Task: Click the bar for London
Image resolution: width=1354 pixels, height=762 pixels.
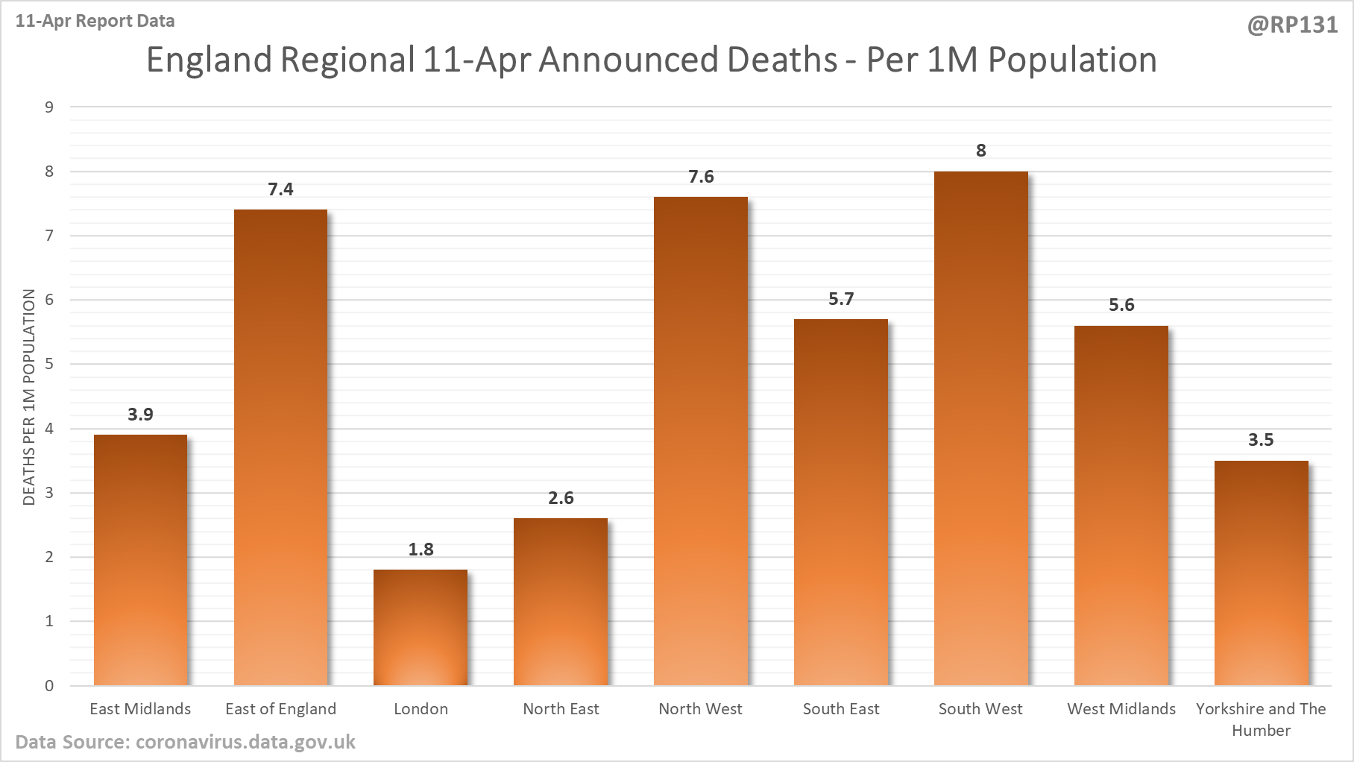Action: (x=421, y=627)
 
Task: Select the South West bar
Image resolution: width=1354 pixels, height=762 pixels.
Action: (x=980, y=428)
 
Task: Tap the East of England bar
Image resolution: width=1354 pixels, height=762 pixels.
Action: (x=280, y=447)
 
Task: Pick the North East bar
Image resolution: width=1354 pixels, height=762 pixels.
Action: (x=561, y=602)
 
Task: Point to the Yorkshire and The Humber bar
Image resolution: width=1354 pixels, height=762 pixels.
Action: (x=1261, y=573)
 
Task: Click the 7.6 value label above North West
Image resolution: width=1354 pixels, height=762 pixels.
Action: (x=701, y=177)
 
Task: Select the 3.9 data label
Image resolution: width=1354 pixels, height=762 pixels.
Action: (x=140, y=415)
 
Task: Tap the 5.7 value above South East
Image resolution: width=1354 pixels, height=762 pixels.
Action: (x=841, y=299)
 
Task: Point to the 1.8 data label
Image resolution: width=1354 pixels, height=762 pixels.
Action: (x=421, y=550)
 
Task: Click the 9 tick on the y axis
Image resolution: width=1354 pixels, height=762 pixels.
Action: (x=49, y=107)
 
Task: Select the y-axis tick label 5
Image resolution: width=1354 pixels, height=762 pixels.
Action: (x=49, y=364)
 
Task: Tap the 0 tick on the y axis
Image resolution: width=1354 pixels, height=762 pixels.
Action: (x=49, y=685)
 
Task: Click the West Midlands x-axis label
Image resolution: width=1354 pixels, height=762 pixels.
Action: (x=1121, y=709)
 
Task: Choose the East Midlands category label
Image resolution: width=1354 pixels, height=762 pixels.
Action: (x=140, y=709)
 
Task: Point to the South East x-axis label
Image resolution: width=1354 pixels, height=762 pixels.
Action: (x=841, y=709)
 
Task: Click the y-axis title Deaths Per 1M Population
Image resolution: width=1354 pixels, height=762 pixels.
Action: (x=29, y=397)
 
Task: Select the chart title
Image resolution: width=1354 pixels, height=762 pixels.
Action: (x=651, y=60)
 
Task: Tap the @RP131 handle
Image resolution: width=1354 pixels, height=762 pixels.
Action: (x=1292, y=25)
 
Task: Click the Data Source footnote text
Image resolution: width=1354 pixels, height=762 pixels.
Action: (x=185, y=743)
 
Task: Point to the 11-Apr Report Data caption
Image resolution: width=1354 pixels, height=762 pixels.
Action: (x=95, y=21)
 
